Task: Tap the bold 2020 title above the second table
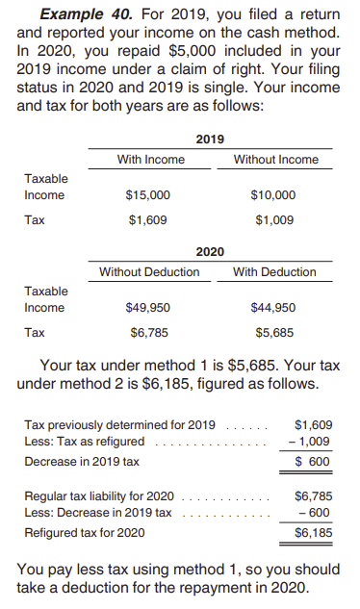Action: coord(210,251)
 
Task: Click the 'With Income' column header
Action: coord(150,160)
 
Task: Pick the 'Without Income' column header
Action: coord(276,160)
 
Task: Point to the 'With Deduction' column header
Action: coord(274,272)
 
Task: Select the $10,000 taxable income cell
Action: coord(274,195)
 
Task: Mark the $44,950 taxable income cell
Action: coord(274,308)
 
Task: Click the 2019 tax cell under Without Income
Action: coord(274,219)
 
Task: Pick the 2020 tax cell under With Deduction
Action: coord(274,333)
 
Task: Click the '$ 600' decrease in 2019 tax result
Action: coord(312,461)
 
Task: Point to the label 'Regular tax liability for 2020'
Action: coord(99,495)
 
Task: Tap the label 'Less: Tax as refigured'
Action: coord(85,442)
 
